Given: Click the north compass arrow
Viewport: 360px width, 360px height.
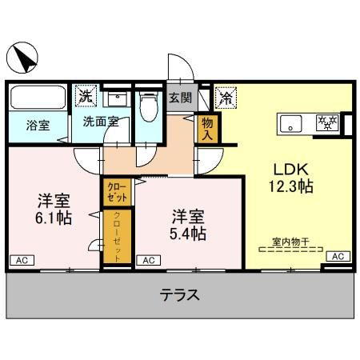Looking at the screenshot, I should (24, 58).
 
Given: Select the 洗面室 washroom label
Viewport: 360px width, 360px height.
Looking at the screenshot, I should (102, 122).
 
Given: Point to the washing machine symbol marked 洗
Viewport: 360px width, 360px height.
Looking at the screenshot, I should (85, 96).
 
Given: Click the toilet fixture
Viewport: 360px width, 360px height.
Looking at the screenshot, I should (147, 106).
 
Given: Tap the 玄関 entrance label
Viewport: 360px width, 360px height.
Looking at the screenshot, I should (181, 98).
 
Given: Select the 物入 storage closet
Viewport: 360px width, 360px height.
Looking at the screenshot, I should (207, 128).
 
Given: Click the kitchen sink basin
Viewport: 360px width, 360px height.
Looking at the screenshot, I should (291, 124).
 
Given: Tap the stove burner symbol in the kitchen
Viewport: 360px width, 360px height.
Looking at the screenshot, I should (328, 124).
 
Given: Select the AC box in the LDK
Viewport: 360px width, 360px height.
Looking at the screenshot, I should (337, 256).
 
